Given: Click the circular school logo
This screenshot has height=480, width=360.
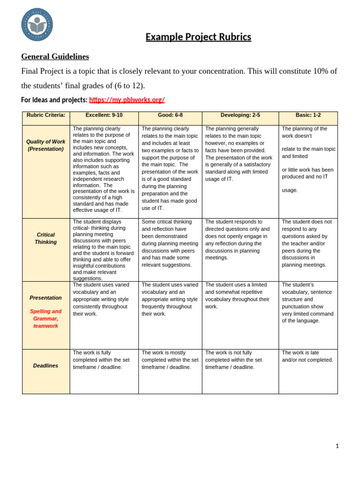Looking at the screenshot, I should pyautogui.click(x=37, y=25).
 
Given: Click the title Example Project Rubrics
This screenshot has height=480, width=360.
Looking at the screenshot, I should pyautogui.click(x=198, y=37).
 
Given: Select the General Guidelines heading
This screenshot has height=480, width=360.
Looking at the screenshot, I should pyautogui.click(x=55, y=57).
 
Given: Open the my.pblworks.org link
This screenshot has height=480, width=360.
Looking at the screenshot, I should pyautogui.click(x=127, y=100).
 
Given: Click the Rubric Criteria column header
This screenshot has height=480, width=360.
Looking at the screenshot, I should pyautogui.click(x=46, y=115).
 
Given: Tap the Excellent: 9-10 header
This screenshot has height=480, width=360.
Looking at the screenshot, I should pyautogui.click(x=104, y=115).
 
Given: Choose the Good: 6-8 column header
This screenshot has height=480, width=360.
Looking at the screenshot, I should pyautogui.click(x=170, y=115).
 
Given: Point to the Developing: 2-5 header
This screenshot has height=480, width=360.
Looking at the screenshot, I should pyautogui.click(x=240, y=115).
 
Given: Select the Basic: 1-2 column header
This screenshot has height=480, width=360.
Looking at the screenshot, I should pyautogui.click(x=308, y=115).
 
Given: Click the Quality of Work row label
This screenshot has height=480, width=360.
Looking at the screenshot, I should pyautogui.click(x=45, y=145).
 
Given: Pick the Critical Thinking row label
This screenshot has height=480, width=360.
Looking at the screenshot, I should pyautogui.click(x=45, y=238).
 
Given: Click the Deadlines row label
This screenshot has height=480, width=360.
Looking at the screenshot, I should pyautogui.click(x=45, y=366).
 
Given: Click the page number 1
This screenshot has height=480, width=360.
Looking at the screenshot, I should pyautogui.click(x=337, y=446).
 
